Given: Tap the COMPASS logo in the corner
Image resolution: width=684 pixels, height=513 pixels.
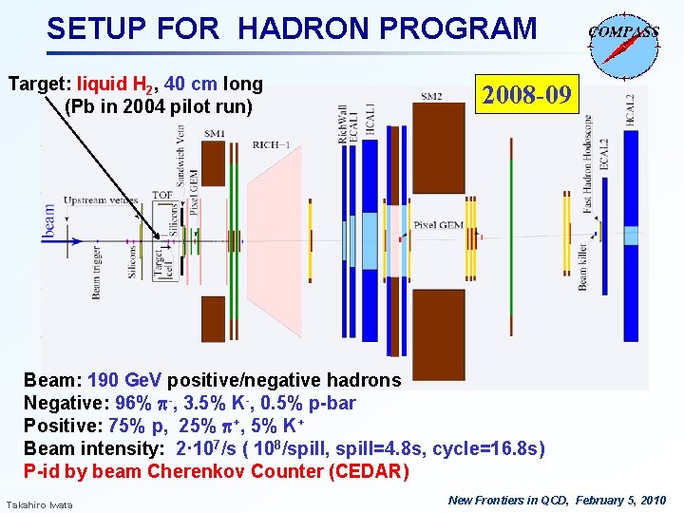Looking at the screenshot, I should (623, 42).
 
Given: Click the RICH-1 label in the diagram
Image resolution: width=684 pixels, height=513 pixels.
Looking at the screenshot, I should (272, 144).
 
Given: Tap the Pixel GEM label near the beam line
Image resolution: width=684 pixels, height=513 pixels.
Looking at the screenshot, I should (439, 225).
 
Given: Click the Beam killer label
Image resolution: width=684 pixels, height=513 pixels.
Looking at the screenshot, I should (582, 266).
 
